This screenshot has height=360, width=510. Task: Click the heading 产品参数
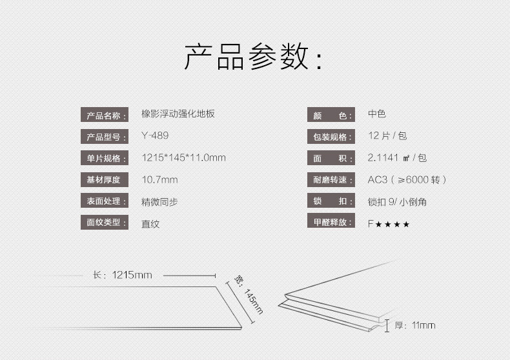tap(253, 57)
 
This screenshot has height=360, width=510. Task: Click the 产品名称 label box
tap(104, 116)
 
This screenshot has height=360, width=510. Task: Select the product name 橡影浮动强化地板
tap(178, 114)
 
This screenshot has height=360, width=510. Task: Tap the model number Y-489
tap(155, 136)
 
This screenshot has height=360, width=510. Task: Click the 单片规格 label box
tap(104, 159)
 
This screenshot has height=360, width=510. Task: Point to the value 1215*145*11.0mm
tap(183, 158)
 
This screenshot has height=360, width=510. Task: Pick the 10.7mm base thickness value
tap(159, 179)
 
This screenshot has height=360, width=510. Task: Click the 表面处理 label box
tap(104, 201)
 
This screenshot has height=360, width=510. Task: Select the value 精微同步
tap(159, 202)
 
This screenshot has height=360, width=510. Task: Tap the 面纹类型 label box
tap(104, 223)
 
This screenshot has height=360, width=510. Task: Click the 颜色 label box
tap(331, 116)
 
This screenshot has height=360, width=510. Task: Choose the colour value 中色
tap(377, 114)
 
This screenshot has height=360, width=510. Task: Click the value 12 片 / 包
tap(387, 136)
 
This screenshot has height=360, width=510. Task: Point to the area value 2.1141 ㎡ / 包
tap(397, 158)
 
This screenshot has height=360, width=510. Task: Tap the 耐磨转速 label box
tap(331, 180)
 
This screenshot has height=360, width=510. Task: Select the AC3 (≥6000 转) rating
tap(407, 180)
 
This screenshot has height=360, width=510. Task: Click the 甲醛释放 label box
tap(331, 223)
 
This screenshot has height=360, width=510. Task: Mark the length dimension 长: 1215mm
tap(122, 275)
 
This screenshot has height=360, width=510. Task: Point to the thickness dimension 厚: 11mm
tap(414, 325)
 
